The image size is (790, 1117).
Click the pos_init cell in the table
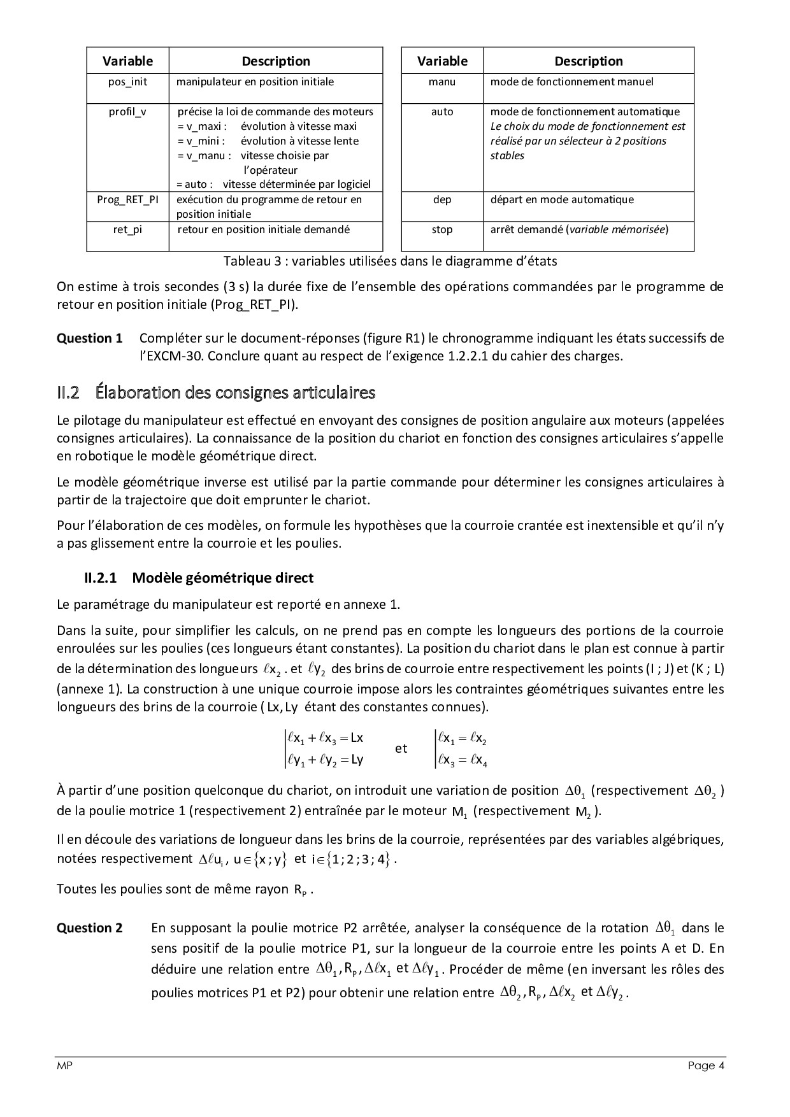(x=127, y=82)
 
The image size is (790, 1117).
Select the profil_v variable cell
(x=127, y=112)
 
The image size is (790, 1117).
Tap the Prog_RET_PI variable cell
(x=127, y=199)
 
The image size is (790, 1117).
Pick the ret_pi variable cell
(x=127, y=229)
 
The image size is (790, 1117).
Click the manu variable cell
(x=442, y=82)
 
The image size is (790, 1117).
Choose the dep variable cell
(x=442, y=199)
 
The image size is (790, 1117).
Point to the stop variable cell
(x=442, y=229)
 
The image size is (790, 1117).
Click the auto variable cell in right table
(x=442, y=112)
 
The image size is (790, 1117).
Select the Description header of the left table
(x=276, y=61)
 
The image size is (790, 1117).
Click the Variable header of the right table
(x=442, y=61)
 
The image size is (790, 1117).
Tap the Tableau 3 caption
(x=390, y=261)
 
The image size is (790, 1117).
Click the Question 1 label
(x=89, y=339)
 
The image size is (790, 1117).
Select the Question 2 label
(x=89, y=928)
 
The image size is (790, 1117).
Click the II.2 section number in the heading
(x=68, y=392)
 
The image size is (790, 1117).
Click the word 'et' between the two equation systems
(x=401, y=748)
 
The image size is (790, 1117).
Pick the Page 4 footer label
(x=706, y=1066)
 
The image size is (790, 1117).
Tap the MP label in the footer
(x=64, y=1066)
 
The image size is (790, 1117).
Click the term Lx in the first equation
(x=357, y=738)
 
